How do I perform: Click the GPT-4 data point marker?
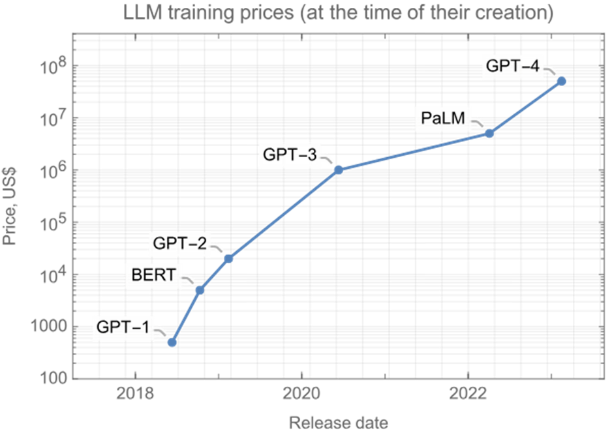coord(561,80)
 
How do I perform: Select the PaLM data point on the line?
coord(489,133)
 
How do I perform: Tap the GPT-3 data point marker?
coord(338,169)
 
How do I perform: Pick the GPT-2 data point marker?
coord(228,258)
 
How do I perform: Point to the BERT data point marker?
coord(200,289)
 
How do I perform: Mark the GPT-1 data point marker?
coord(172,342)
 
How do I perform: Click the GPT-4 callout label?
coord(513,65)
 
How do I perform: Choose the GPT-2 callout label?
coord(179,244)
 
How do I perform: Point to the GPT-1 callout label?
coord(125,327)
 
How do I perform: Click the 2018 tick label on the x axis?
coord(134,396)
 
